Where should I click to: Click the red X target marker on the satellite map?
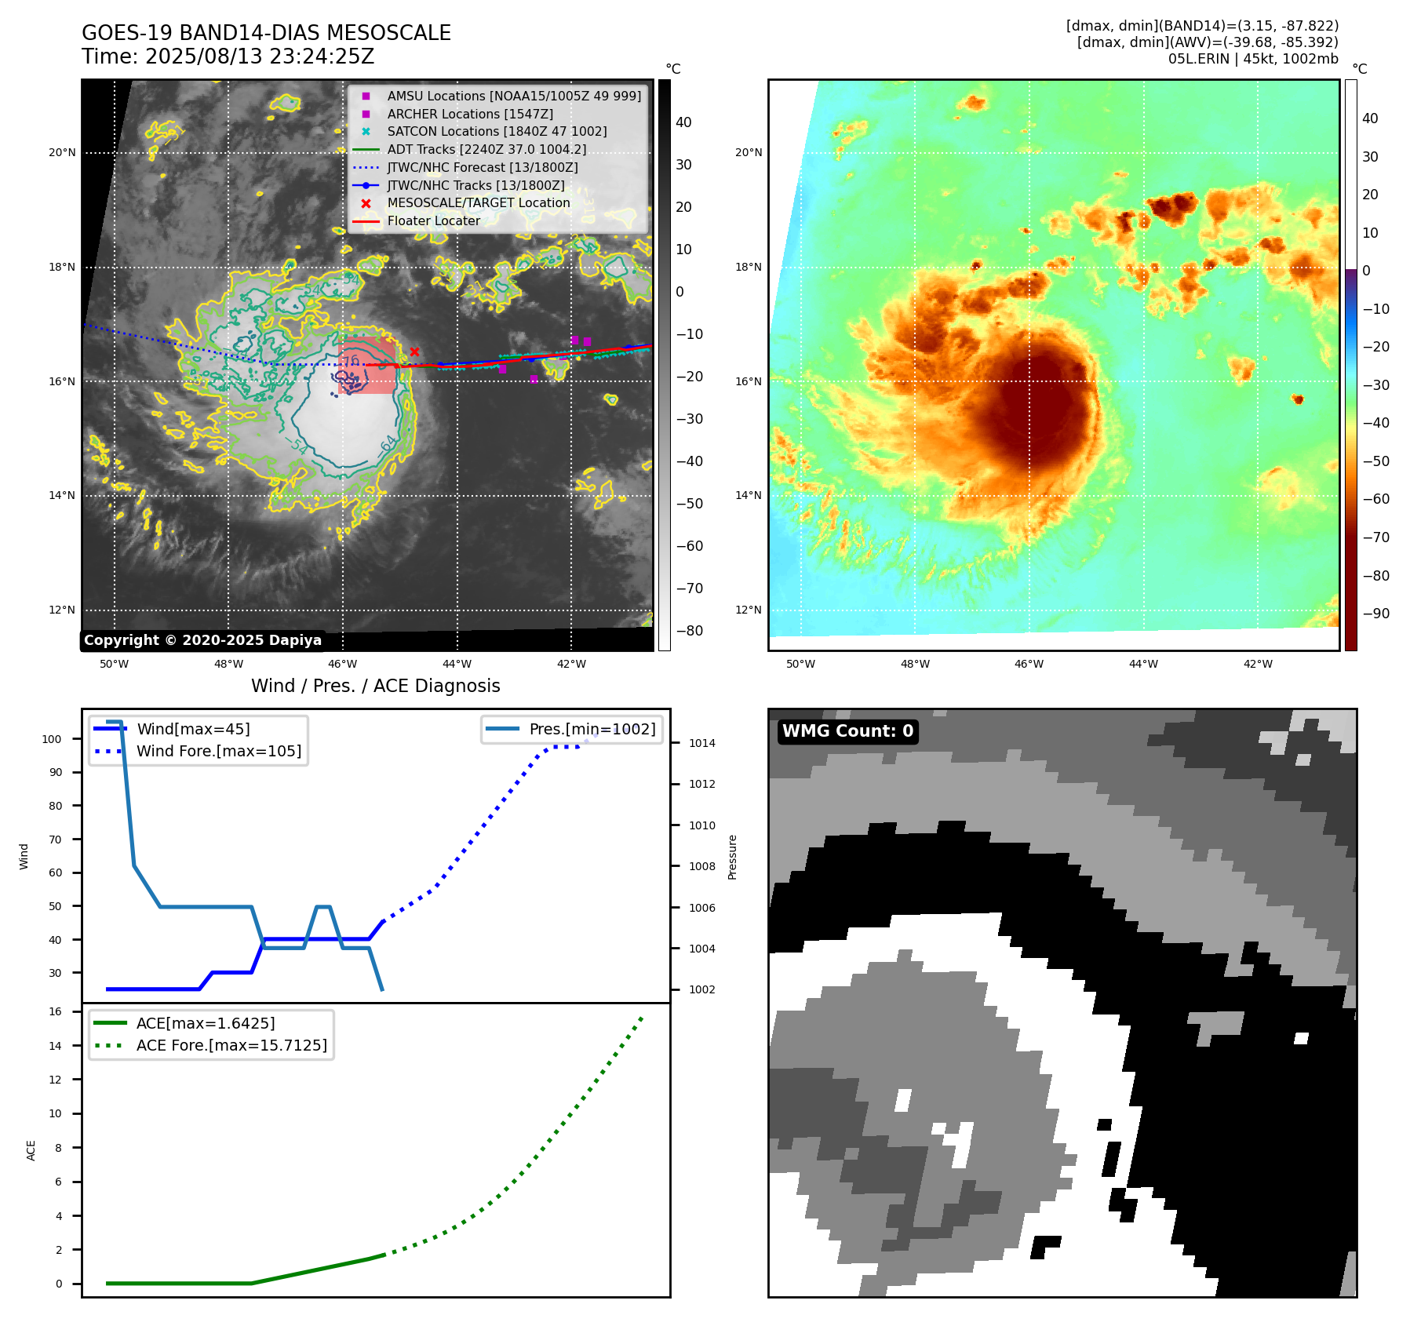(x=414, y=352)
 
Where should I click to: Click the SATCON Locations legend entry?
(x=497, y=132)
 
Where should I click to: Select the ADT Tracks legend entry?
(x=486, y=149)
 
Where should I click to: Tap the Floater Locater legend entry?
(x=433, y=221)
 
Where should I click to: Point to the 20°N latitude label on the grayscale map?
(x=62, y=153)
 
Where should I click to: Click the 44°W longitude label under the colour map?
(x=1143, y=664)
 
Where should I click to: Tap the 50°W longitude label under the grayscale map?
(x=114, y=664)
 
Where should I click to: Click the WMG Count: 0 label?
(x=847, y=731)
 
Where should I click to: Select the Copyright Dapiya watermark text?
(x=202, y=640)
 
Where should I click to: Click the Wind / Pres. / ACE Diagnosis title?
(x=375, y=686)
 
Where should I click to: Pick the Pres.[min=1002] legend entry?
(x=592, y=729)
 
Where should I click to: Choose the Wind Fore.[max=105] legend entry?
(x=218, y=751)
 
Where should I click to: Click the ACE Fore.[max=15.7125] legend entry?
(x=231, y=1045)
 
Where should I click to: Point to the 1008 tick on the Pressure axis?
(x=701, y=866)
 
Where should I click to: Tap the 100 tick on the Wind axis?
(x=52, y=739)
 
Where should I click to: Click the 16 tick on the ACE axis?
(x=56, y=1011)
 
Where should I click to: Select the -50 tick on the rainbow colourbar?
(x=1375, y=461)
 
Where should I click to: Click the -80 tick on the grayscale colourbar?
(x=690, y=631)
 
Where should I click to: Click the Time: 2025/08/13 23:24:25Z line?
(x=228, y=56)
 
